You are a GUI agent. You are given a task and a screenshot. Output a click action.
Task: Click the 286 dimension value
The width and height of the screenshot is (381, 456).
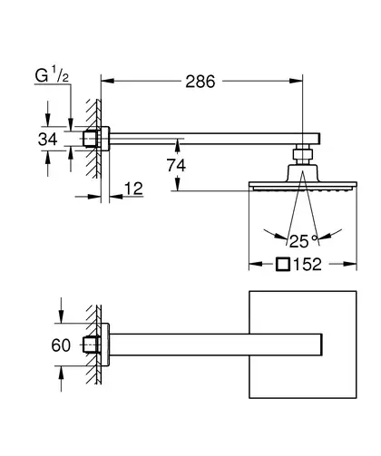pyautogui.click(x=200, y=82)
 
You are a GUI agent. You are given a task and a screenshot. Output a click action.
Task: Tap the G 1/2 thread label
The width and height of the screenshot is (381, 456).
pyautogui.click(x=52, y=75)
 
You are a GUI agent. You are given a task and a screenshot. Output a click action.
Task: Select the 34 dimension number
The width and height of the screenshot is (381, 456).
pyautogui.click(x=48, y=140)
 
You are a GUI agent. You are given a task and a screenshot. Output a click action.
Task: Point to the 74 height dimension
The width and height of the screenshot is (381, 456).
pyautogui.click(x=176, y=165)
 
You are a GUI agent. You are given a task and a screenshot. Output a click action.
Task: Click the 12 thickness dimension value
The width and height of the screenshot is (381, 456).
pyautogui.click(x=133, y=189)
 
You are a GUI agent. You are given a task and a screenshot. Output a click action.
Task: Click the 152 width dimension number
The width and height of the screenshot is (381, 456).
pyautogui.click(x=308, y=265)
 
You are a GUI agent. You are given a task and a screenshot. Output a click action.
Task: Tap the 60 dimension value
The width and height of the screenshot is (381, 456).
pyautogui.click(x=61, y=345)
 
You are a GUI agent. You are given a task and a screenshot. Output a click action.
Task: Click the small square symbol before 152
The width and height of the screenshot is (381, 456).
pyautogui.click(x=283, y=264)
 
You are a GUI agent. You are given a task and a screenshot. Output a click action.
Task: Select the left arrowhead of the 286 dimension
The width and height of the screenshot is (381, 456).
pyautogui.click(x=107, y=81)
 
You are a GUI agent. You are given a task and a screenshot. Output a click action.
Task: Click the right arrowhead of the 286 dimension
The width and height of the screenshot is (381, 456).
pyautogui.click(x=296, y=81)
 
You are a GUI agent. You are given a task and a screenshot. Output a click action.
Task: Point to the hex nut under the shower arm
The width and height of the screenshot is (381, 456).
pyautogui.click(x=302, y=154)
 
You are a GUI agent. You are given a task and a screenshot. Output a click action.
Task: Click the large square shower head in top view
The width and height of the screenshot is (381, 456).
pyautogui.click(x=303, y=344)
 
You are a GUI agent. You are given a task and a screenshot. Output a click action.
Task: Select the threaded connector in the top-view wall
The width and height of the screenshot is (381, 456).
pyautogui.click(x=92, y=344)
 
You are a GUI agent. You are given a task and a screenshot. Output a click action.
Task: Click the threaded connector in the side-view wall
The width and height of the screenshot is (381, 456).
pyautogui.click(x=92, y=139)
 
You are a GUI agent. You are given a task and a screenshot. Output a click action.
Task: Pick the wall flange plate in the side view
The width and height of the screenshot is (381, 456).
pyautogui.click(x=105, y=139)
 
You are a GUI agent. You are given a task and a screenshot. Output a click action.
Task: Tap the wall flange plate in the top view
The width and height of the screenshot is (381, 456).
pyautogui.click(x=105, y=344)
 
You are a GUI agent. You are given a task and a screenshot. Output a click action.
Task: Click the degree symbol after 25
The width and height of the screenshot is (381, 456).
pyautogui.click(x=315, y=238)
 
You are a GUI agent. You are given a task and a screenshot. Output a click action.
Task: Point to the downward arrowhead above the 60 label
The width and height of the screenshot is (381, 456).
pyautogui.click(x=61, y=316)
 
